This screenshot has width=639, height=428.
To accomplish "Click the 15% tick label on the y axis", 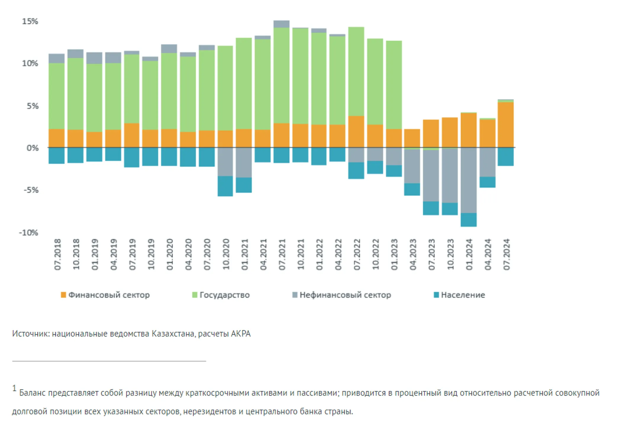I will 30,21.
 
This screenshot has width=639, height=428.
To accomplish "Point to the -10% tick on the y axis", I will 29,233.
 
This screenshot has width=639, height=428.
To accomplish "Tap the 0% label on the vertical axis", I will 32,148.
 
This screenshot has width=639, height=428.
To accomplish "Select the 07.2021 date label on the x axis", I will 282,254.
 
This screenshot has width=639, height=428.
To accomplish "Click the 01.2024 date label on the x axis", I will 469,254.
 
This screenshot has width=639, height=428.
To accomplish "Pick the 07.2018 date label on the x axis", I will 58,254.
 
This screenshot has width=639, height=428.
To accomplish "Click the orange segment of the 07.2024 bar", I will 506,125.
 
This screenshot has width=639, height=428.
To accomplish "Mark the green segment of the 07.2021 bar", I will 282,75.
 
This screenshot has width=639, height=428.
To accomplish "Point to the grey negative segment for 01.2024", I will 469,180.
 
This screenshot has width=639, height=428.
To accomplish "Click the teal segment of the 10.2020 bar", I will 225,186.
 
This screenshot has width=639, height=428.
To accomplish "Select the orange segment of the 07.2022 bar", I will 356,131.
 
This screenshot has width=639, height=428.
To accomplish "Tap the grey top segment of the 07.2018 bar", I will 57,58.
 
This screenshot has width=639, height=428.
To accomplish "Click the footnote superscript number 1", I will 14,388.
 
